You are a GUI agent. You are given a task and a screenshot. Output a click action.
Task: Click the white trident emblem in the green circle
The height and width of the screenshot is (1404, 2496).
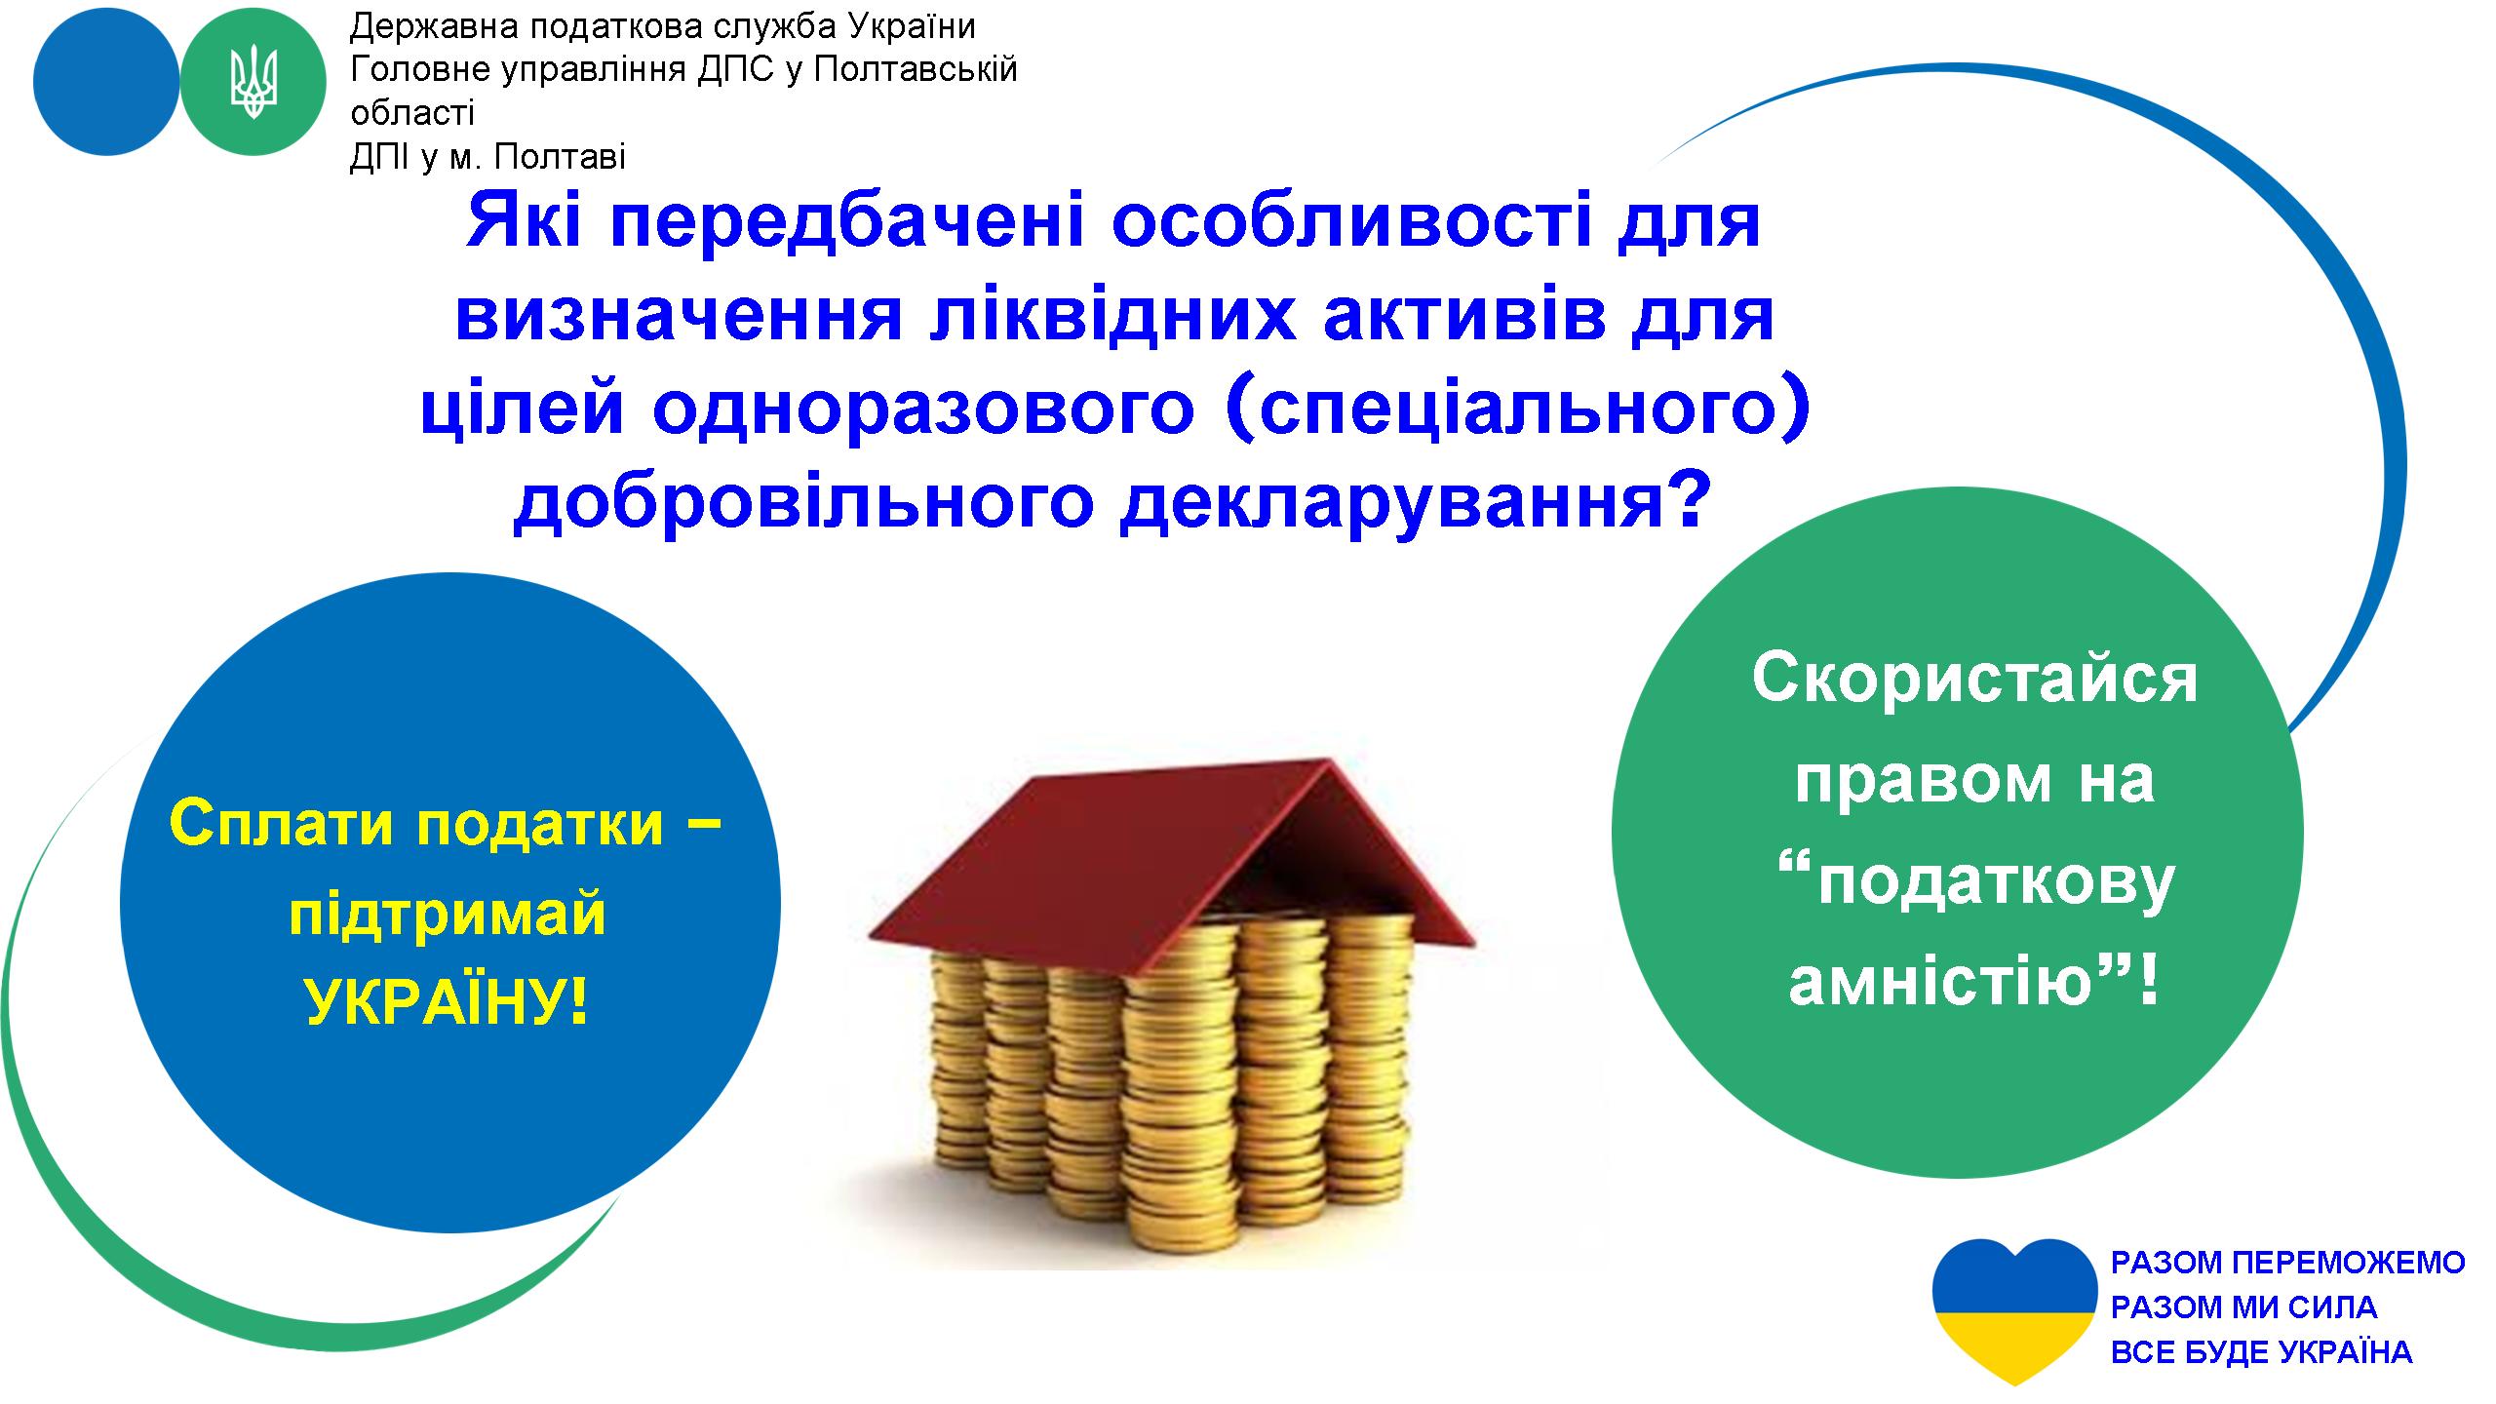[253, 83]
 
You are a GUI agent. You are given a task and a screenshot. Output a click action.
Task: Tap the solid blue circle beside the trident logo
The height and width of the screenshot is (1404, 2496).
[106, 83]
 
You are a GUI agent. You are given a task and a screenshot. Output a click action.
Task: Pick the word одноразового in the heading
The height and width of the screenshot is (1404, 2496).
[923, 410]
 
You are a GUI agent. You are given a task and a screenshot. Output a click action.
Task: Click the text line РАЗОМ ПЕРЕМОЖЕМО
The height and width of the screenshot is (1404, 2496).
[2287, 1264]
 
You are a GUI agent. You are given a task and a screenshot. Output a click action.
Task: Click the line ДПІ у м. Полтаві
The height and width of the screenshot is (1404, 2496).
[487, 156]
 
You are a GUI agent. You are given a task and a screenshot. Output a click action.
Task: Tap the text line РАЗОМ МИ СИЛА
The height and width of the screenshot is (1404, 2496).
[2243, 1307]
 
